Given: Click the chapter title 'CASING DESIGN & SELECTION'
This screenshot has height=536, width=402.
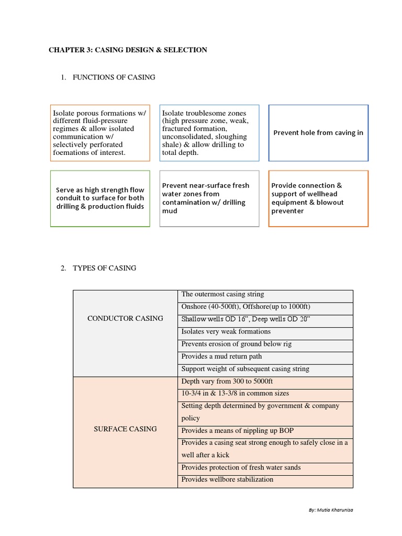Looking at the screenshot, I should (128, 50).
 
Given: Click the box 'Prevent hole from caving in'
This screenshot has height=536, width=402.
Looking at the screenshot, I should (318, 132).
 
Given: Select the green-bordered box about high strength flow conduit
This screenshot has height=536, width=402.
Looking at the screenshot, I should (100, 198).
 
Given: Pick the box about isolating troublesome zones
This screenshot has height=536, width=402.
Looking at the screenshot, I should (209, 132).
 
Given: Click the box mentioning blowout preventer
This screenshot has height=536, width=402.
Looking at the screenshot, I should (318, 198).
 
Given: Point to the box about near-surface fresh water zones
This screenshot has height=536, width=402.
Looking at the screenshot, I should (209, 198).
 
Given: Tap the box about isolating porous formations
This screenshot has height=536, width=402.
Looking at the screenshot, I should (100, 132).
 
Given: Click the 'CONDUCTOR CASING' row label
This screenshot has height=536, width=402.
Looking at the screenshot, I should (125, 318).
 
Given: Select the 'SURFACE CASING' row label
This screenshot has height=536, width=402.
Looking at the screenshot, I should (125, 429).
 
